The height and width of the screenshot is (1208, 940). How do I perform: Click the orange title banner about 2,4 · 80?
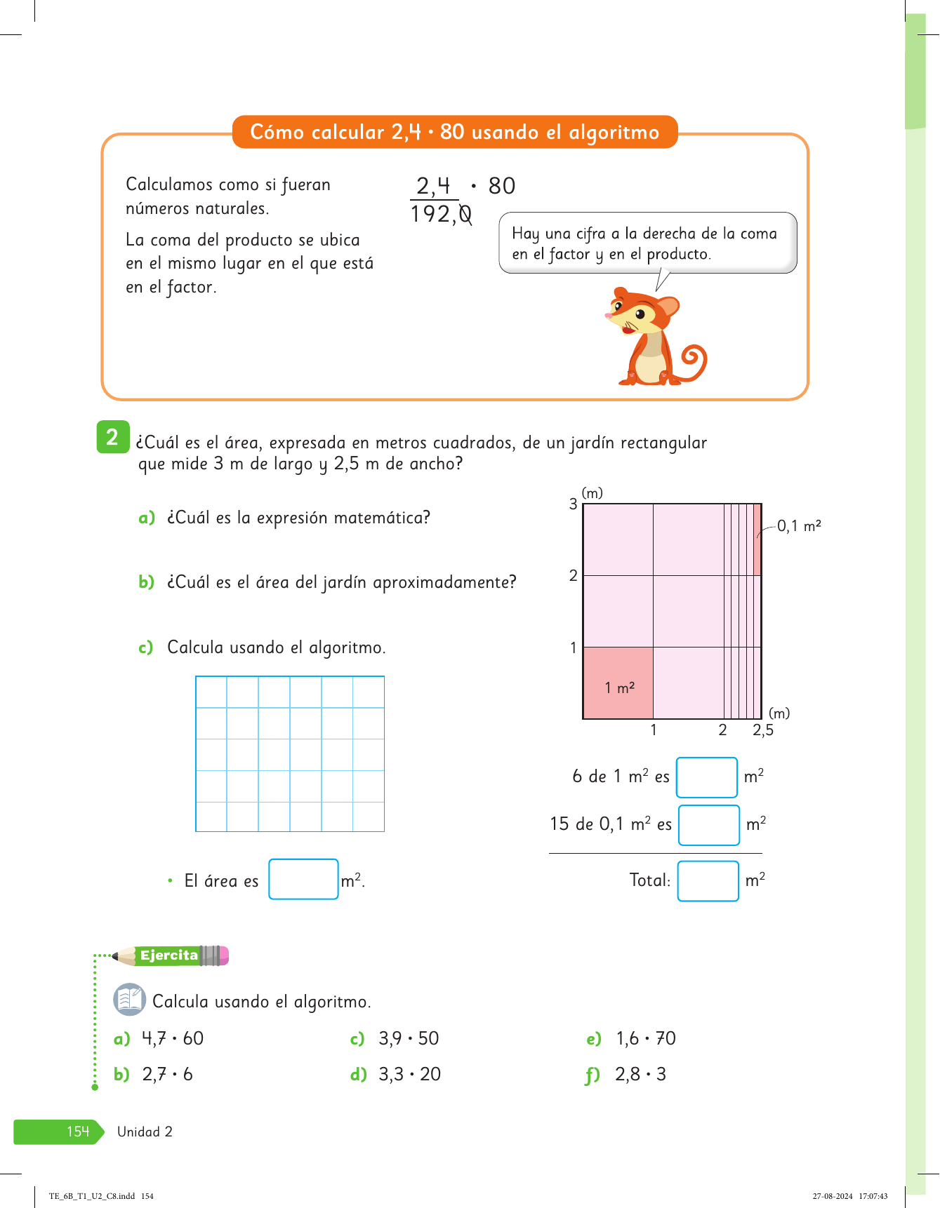pos(454,132)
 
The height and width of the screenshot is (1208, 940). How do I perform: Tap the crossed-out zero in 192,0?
pos(465,214)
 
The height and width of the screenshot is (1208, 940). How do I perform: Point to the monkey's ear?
pos(667,307)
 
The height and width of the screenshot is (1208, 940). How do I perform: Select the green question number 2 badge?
pos(112,437)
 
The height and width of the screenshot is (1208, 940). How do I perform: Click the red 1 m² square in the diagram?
pos(618,683)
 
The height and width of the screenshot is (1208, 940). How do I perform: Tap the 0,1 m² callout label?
pos(799,526)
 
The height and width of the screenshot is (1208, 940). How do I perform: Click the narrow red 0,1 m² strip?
pos(757,539)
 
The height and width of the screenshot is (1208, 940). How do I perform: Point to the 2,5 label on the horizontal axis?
pos(763,730)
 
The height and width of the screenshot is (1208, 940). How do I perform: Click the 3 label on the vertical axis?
pos(574,504)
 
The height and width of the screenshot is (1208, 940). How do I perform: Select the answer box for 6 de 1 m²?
pos(706,777)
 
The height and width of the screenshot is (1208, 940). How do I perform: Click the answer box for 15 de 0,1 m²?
pos(708,825)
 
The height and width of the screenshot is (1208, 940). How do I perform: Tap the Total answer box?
pos(708,881)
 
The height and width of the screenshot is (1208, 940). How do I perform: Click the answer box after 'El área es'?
pos(303,879)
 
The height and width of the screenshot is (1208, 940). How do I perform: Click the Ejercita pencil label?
pos(171,955)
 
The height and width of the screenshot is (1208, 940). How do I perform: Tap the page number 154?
pos(78,1132)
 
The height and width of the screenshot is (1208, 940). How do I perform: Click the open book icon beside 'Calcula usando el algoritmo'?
pos(130,1000)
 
